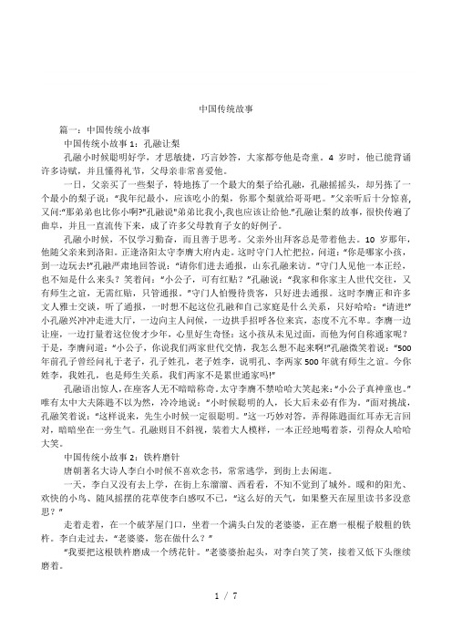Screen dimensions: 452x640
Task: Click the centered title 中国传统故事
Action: tap(225, 106)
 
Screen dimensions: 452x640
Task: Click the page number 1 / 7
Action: tap(226, 620)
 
